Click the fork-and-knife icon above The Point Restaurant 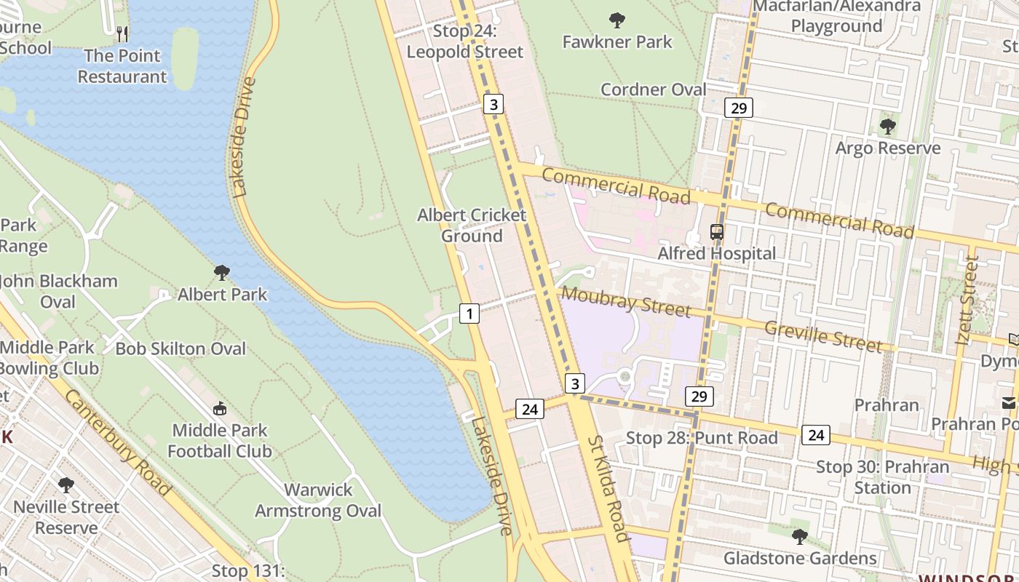122,33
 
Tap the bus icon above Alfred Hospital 717,232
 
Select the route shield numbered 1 469,314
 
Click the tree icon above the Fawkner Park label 617,20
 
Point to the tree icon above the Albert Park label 222,274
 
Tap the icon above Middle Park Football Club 219,409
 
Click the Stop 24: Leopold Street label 464,41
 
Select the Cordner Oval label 653,89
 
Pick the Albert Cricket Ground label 472,226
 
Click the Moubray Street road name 626,301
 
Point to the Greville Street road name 822,335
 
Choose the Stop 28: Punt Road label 702,438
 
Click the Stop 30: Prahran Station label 882,477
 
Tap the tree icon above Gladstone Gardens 799,538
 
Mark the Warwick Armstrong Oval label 318,501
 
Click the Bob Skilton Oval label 181,348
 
